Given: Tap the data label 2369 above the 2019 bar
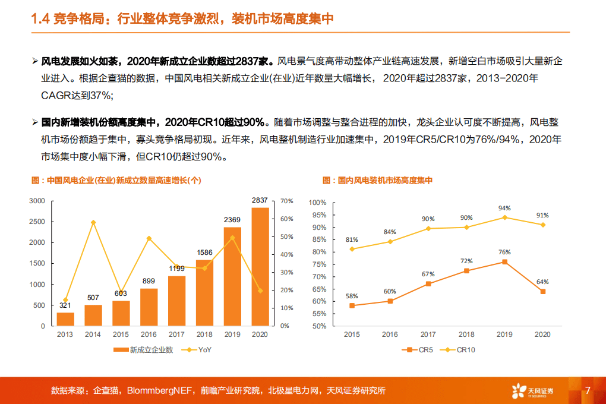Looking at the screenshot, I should click(232, 220).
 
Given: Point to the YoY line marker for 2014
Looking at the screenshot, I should click(93, 222).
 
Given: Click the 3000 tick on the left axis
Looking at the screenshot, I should click(37, 201).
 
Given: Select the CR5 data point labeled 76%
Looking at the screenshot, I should click(504, 261).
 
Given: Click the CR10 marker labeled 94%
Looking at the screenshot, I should click(504, 217).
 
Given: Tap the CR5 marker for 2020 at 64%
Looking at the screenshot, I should click(542, 291).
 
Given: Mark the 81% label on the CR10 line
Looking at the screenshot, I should click(352, 240).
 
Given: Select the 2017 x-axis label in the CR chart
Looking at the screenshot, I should click(428, 335).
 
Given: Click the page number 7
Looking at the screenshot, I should click(588, 390).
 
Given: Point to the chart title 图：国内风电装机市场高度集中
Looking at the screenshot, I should click(377, 181).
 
